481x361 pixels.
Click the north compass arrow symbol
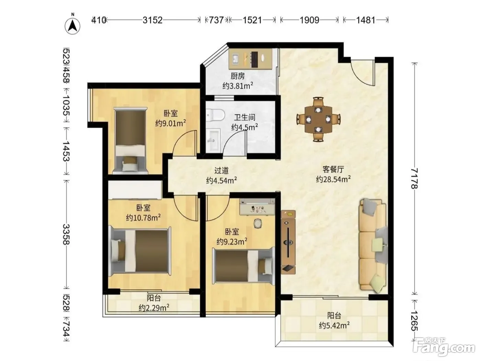(x=72, y=26)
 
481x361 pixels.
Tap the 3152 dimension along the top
(x=153, y=20)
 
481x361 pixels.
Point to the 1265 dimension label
(x=414, y=321)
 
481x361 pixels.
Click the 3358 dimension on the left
(x=66, y=234)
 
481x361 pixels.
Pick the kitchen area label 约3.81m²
(x=238, y=86)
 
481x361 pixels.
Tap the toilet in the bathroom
(x=215, y=115)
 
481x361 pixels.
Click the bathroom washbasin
(x=213, y=140)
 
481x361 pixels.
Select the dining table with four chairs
(x=318, y=119)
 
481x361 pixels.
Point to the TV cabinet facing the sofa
(x=288, y=242)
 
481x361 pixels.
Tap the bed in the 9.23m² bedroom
(x=244, y=266)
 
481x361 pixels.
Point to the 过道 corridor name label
(x=221, y=170)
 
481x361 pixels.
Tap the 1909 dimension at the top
(x=310, y=20)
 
